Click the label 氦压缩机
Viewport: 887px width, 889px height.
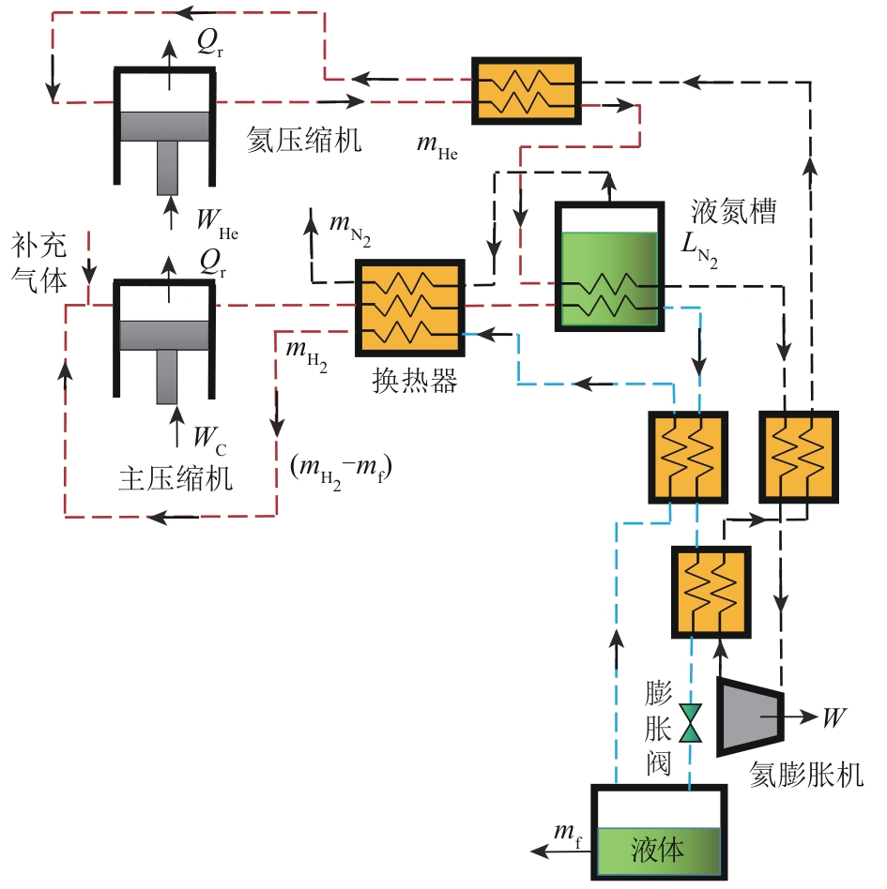(x=304, y=141)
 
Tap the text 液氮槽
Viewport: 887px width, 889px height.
(x=733, y=211)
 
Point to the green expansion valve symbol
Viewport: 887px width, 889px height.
(x=692, y=722)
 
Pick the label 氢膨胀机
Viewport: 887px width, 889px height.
(x=807, y=775)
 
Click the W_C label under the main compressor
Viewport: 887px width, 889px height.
(x=211, y=436)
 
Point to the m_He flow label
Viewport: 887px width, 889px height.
(x=436, y=145)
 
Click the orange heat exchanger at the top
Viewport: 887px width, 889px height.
(x=526, y=89)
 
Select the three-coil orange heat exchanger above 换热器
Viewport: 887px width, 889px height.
(x=409, y=307)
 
